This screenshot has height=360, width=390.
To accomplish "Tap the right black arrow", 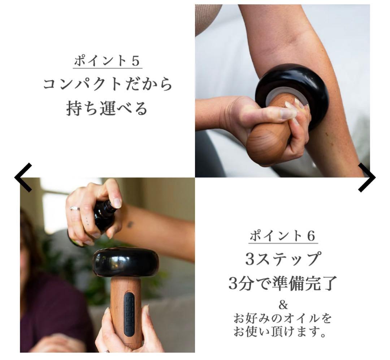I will coord(367,177).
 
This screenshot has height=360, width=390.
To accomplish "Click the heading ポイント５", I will coord(107,61).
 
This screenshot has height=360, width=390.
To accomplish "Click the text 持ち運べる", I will coord(107,108).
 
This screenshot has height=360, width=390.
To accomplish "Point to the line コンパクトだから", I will coord(107,85).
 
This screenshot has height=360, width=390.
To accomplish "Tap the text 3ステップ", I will coord(283,259).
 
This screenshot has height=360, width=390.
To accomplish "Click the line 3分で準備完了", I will coord(283,283).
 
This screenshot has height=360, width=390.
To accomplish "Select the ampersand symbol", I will coord(283,305).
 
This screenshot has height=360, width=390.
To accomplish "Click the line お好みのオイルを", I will coord(283,319).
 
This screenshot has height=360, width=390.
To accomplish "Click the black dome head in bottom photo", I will coord(126,262).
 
